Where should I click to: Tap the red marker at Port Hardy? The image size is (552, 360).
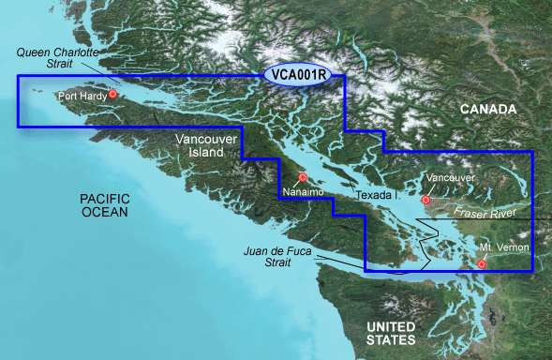pos(113,94)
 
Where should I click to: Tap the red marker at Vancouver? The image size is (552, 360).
pos(426,200)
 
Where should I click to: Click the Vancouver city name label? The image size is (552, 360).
pos(450,177)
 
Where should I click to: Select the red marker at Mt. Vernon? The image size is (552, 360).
pos(482,263)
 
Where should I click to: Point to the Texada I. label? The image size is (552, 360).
pos(379,194)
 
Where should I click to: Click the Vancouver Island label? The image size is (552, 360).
pos(200,144)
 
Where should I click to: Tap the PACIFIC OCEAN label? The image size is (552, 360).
pos(103,205)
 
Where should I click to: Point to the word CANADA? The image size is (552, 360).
pos(487,110)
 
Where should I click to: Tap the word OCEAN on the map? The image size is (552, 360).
pos(103,213)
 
